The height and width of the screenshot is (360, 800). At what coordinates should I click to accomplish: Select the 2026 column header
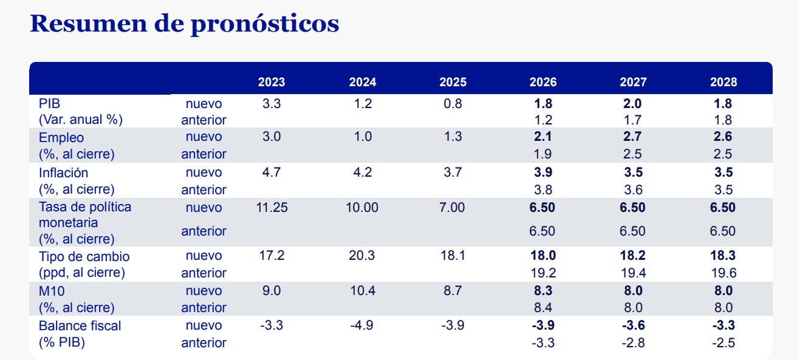point(542,82)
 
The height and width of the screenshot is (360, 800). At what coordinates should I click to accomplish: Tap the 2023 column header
point(271,82)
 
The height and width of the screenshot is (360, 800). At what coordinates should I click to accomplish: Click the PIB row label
point(49,103)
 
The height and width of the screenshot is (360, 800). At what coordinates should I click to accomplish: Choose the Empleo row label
point(61,137)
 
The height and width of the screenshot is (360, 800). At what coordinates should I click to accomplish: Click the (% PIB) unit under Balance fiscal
point(62,342)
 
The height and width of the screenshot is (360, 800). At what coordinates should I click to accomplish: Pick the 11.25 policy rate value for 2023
point(271,208)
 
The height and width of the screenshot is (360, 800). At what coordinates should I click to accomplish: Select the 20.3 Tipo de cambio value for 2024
point(362,256)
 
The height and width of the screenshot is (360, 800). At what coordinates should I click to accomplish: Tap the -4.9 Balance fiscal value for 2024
point(362,325)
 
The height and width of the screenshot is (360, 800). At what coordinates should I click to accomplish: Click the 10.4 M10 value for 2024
point(362,291)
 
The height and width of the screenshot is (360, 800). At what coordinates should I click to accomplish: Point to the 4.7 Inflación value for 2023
point(271,172)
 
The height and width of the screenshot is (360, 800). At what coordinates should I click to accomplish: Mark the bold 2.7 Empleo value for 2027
point(633,137)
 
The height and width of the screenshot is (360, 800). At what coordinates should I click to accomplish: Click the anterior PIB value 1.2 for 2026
point(542,120)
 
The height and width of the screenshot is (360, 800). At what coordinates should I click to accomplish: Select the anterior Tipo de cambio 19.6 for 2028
point(723,273)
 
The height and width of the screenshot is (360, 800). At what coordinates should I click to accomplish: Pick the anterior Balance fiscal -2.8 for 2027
point(633,343)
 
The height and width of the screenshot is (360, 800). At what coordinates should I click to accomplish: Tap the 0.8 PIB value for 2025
point(453,103)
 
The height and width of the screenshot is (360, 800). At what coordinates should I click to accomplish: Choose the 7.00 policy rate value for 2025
point(453,208)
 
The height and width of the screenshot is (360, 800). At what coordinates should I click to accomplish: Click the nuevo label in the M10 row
point(203,291)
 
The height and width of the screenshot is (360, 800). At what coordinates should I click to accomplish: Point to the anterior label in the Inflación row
point(203,190)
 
